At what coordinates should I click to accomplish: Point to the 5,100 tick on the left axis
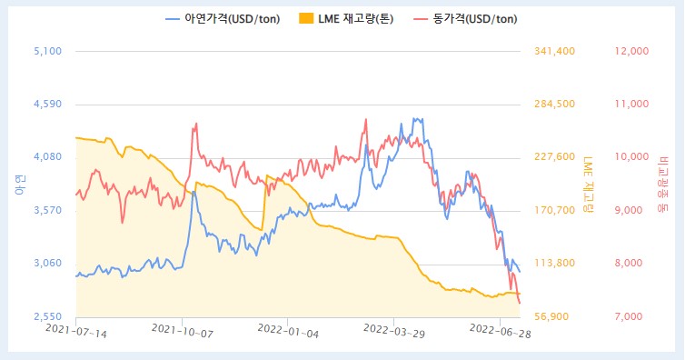(x=46, y=51)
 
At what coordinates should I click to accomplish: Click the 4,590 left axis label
(x=46, y=104)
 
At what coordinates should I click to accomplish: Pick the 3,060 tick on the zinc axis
(x=46, y=264)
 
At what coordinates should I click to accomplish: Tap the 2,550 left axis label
(x=46, y=316)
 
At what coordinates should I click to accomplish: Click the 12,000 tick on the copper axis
(x=632, y=51)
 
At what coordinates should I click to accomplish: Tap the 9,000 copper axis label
(x=632, y=210)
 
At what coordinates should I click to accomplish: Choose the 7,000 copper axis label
(x=632, y=316)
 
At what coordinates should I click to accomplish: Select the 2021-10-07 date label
(x=182, y=334)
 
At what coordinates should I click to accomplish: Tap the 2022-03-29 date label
(x=393, y=334)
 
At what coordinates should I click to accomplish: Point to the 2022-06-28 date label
(x=500, y=334)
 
